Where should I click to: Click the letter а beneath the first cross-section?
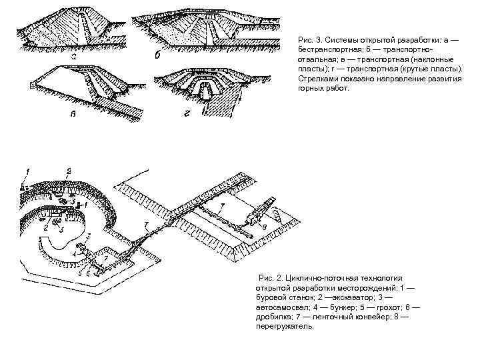coord(75,57)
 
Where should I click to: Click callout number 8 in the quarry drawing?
coord(264,229)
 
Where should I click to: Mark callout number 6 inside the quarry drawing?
coord(87,274)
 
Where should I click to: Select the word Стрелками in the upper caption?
coord(317,77)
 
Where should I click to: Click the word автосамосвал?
coord(283,307)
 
